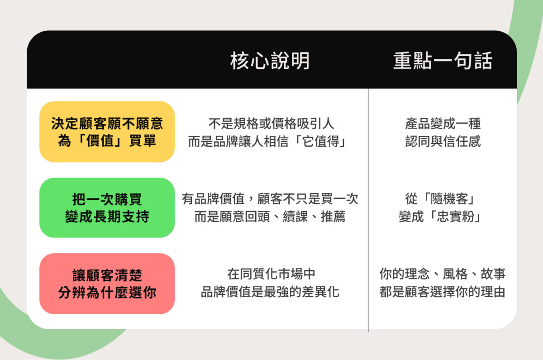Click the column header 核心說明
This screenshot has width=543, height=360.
tap(270, 61)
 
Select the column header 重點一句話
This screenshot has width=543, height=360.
tap(443, 61)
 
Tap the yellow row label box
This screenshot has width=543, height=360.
tap(107, 132)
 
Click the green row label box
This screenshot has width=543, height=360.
tap(107, 207)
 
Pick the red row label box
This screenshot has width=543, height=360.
tap(107, 283)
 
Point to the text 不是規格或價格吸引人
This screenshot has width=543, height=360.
tap(271, 123)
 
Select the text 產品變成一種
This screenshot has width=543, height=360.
tap(443, 123)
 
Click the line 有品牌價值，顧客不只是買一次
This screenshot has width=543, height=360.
tap(270, 199)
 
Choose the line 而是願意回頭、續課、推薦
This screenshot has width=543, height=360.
tap(270, 217)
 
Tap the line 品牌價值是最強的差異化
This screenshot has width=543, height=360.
tap(270, 293)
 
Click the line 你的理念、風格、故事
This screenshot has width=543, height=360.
tap(443, 274)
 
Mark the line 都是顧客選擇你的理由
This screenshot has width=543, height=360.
tap(443, 293)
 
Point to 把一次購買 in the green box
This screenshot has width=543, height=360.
tap(107, 199)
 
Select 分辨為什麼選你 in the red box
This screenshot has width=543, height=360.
tap(107, 293)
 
